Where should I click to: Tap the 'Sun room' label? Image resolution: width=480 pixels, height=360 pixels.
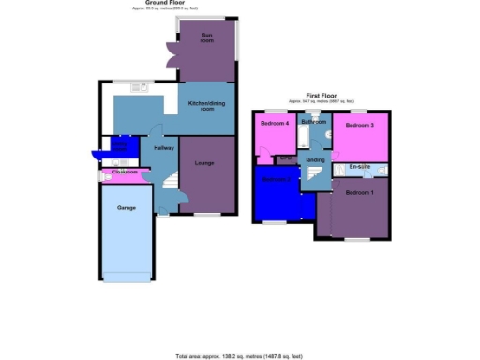click(x=206, y=37)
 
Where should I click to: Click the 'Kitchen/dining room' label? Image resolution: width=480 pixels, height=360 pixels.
click(x=206, y=106)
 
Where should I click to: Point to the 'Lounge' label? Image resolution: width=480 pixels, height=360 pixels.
click(x=204, y=163)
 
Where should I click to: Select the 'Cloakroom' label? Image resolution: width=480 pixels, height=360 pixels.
click(x=125, y=172)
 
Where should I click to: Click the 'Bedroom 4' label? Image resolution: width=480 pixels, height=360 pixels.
click(x=275, y=124)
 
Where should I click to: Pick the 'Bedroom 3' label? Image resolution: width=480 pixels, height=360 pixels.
click(x=359, y=125)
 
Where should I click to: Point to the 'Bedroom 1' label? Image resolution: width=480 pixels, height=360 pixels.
click(x=358, y=192)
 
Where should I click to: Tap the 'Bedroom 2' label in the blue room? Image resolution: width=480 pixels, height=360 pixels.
click(x=275, y=180)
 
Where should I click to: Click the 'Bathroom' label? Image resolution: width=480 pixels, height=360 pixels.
click(x=313, y=122)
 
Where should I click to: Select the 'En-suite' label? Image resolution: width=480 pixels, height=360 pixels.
click(x=359, y=167)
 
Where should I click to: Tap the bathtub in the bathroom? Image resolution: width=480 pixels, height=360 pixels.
click(x=306, y=139)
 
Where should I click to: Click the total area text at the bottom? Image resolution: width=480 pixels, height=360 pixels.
click(x=240, y=356)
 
